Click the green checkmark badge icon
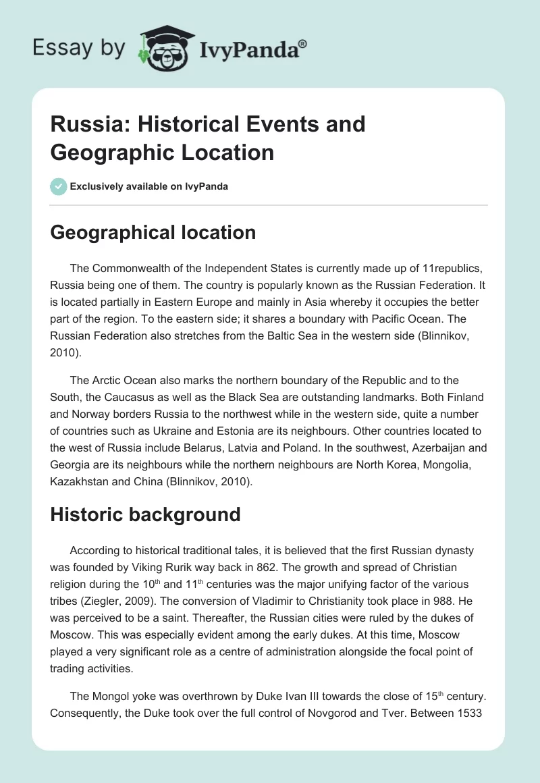click(59, 186)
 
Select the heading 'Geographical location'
click(153, 233)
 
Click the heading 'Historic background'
click(146, 514)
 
